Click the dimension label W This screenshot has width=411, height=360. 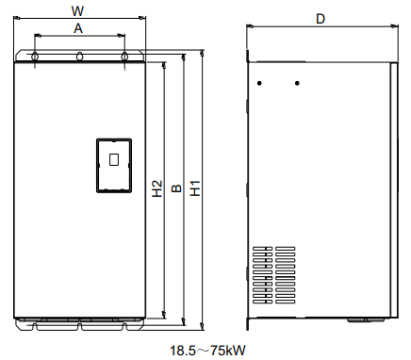(77, 11)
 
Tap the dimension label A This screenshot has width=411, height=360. (78, 28)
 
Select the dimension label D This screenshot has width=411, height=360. (321, 19)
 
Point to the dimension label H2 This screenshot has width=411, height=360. (157, 188)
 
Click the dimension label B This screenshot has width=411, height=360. (177, 188)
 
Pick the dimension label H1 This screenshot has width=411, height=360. (195, 188)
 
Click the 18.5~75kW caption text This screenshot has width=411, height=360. (207, 351)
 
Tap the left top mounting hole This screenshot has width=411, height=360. (35, 57)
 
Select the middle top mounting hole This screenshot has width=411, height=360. (80, 56)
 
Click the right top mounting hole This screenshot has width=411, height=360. (124, 57)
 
